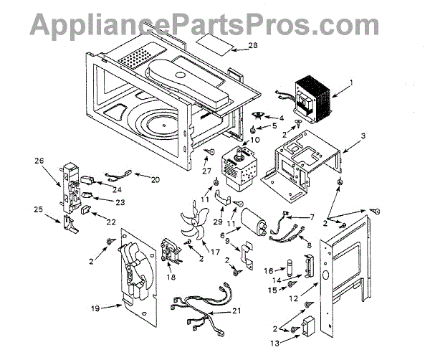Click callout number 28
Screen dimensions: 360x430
[252, 47]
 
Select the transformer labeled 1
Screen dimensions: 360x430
[312, 99]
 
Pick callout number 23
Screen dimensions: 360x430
[120, 202]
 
